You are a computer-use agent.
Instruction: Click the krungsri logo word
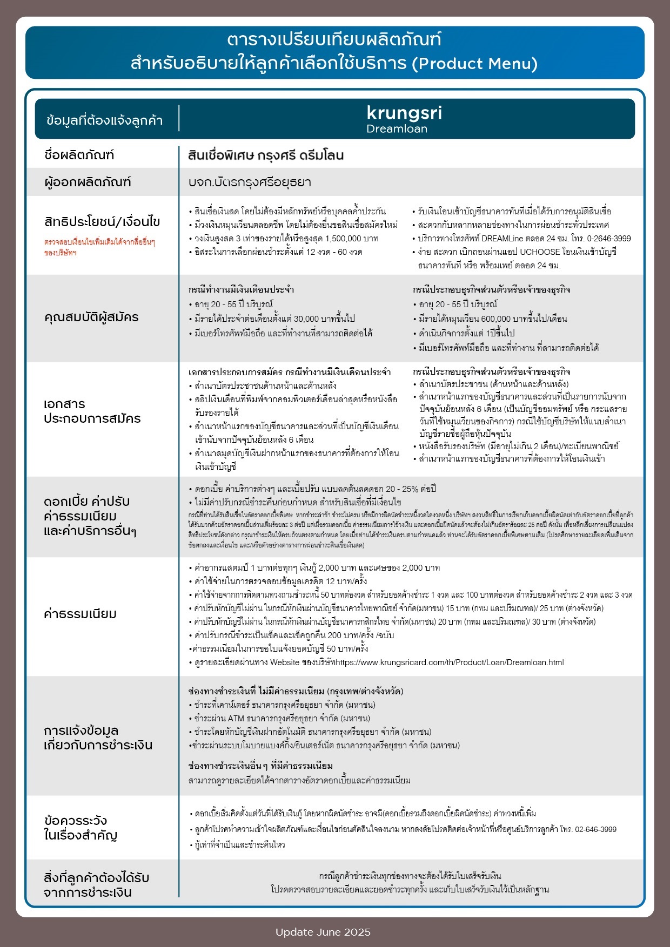[x=404, y=113]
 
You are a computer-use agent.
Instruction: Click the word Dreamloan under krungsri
[x=397, y=129]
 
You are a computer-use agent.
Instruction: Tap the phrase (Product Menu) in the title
[x=475, y=64]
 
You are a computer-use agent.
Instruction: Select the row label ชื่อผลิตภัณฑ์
[x=79, y=155]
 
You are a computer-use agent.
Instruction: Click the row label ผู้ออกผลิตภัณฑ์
[x=88, y=182]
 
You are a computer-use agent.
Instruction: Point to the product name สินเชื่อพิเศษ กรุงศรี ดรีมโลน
[x=266, y=155]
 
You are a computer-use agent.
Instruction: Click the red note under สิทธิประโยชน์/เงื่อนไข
[x=99, y=247]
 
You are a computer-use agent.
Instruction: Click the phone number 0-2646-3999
[x=609, y=239]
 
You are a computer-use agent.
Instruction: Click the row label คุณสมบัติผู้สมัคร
[x=91, y=317]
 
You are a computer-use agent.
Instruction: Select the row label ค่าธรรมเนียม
[x=80, y=614]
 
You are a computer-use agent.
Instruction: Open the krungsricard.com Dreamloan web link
[x=450, y=662]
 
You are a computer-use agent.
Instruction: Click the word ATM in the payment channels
[x=236, y=719]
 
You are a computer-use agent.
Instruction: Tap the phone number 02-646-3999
[x=595, y=829]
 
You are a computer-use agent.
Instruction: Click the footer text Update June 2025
[x=323, y=932]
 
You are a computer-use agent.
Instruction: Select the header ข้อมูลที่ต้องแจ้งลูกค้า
[x=104, y=120]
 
